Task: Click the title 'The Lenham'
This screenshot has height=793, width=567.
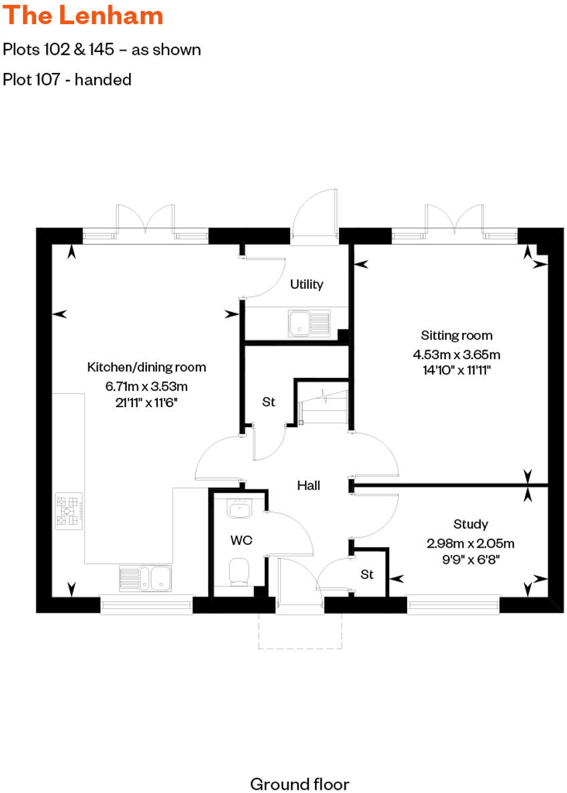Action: tap(83, 15)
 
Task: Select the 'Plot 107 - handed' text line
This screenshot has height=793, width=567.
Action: tap(67, 80)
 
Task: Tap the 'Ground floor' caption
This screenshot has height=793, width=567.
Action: tap(299, 783)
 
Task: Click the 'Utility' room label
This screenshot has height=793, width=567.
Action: tap(306, 284)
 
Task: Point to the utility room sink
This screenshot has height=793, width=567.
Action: tap(308, 324)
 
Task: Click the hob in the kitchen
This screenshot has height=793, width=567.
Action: tap(70, 512)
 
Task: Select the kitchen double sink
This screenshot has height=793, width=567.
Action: tap(145, 578)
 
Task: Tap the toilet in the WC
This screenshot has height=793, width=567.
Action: tap(238, 571)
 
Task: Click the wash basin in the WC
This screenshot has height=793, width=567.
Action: tap(238, 509)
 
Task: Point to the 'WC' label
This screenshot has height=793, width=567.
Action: tap(241, 539)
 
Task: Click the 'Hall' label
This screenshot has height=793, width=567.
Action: tap(308, 485)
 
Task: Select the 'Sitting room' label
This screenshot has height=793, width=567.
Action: tap(457, 336)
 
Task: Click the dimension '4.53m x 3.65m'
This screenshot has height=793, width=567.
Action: tap(457, 354)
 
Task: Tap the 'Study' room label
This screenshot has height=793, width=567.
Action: tap(470, 524)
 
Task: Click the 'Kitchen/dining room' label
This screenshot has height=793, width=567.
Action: tap(146, 367)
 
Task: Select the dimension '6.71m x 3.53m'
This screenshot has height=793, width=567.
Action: tap(146, 386)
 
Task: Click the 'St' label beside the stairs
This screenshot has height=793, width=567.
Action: tap(268, 402)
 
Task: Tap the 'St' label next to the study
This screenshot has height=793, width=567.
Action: tap(366, 574)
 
